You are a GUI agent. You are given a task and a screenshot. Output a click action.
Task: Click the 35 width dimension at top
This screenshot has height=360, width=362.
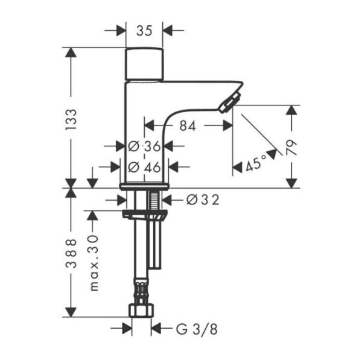(144, 30)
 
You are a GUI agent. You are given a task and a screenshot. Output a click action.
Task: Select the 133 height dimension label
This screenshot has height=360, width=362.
(71, 120)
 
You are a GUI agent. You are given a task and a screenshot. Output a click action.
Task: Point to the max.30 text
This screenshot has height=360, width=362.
(93, 263)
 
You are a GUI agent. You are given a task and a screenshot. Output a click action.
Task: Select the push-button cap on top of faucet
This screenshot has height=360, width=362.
(144, 64)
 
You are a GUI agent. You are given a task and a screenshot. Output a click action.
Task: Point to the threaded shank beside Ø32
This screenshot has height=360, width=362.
(156, 200)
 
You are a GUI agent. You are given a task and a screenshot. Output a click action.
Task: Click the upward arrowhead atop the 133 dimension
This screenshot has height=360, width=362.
(71, 54)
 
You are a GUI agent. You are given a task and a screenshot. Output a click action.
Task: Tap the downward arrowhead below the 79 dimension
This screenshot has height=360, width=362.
(292, 182)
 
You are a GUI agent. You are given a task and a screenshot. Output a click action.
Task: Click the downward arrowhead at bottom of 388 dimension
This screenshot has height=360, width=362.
(71, 311)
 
